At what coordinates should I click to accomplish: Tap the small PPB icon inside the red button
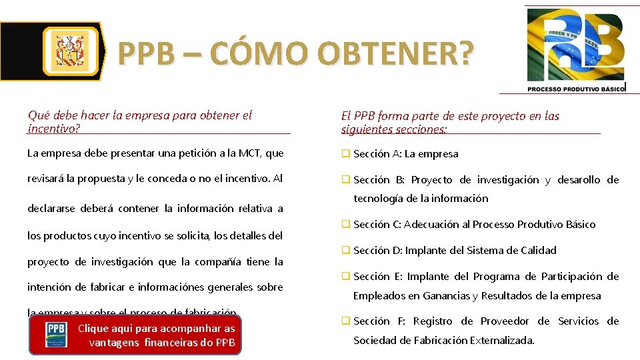[x=56, y=335]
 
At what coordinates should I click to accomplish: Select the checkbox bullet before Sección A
[x=346, y=153]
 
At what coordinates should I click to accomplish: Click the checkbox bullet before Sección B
[x=346, y=179]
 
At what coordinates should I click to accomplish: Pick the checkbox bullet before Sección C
[x=346, y=224]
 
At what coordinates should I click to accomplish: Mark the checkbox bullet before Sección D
[x=346, y=250]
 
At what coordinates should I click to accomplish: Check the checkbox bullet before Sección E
[x=346, y=276]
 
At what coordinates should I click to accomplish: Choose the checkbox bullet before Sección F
[x=346, y=321]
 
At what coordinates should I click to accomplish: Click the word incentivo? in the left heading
[x=53, y=127]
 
